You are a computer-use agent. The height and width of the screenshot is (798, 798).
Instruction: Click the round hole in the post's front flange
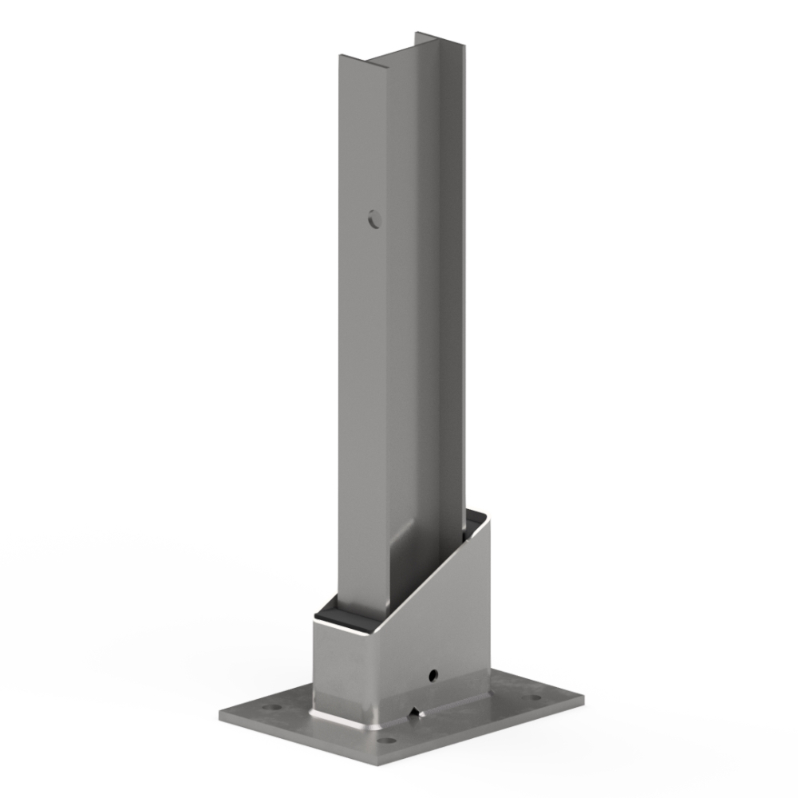(374, 218)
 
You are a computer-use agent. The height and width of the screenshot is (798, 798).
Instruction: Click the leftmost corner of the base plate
(219, 713)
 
